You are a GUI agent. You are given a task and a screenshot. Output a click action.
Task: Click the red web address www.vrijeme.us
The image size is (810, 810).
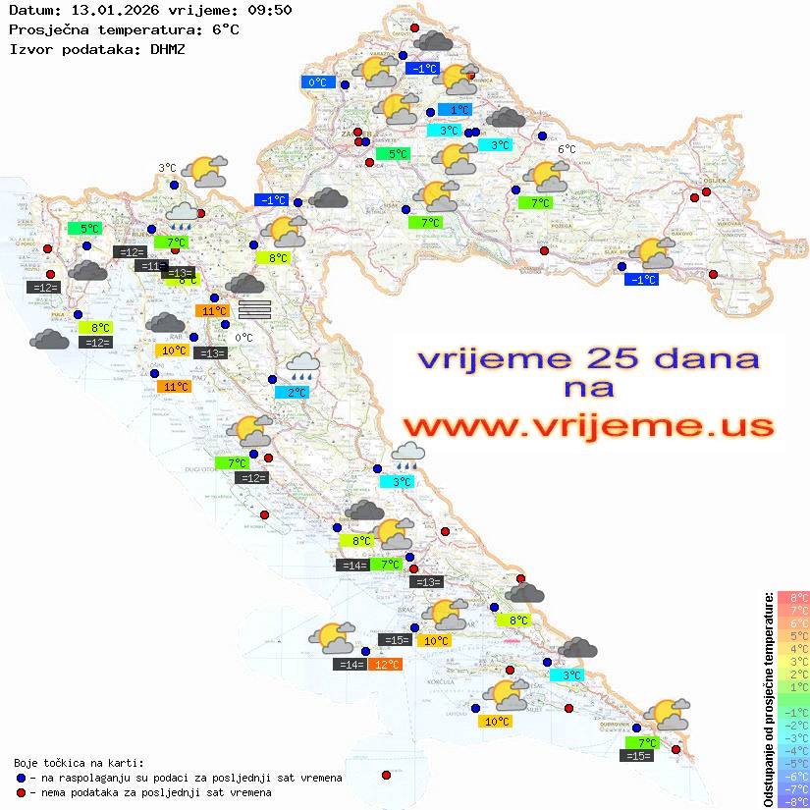point(587,425)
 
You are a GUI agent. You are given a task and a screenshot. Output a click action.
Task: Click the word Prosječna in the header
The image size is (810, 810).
point(48,29)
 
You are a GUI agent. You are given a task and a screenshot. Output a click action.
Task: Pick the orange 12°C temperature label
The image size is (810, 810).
point(385,665)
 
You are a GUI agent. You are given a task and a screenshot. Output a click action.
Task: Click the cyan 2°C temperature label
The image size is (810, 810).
point(292,392)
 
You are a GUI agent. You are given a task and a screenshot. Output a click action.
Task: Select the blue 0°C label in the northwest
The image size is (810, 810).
point(318,82)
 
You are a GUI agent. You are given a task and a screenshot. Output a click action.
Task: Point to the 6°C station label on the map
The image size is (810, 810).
point(567,149)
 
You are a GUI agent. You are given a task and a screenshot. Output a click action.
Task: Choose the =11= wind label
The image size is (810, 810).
point(150,266)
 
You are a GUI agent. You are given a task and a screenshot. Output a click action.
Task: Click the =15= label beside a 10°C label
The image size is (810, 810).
point(395,640)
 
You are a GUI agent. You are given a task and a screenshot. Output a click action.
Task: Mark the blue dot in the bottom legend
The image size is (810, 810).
point(22,778)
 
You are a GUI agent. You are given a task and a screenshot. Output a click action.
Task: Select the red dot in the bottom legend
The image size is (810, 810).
point(22,792)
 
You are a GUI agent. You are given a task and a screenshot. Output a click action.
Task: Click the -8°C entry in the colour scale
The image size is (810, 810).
point(792,801)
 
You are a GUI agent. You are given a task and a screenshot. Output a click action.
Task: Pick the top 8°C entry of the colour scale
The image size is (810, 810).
point(792,598)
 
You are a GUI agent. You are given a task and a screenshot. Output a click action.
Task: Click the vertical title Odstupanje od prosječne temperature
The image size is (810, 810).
point(768,699)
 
